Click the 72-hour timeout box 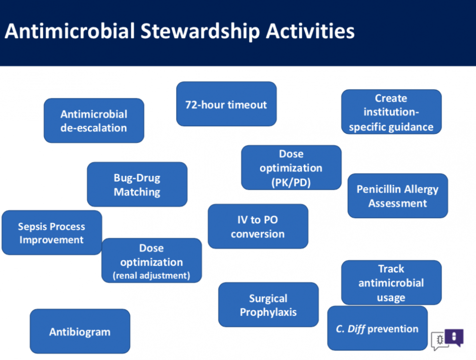(x=227, y=104)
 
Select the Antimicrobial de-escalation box (x=94, y=120)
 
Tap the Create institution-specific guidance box (x=391, y=111)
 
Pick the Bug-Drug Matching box (x=137, y=184)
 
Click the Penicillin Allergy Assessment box (x=397, y=196)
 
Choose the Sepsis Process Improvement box (x=51, y=233)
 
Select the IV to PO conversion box (x=258, y=226)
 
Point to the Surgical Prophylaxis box (x=268, y=305)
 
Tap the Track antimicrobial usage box (x=391, y=282)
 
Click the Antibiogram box (x=80, y=331)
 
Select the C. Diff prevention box (x=377, y=328)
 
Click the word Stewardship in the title (x=200, y=31)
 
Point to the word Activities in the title (x=310, y=31)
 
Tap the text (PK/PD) (x=291, y=182)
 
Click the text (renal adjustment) (x=151, y=276)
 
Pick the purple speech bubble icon (x=454, y=337)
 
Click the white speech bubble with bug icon (x=439, y=340)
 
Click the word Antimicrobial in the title (x=69, y=31)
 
